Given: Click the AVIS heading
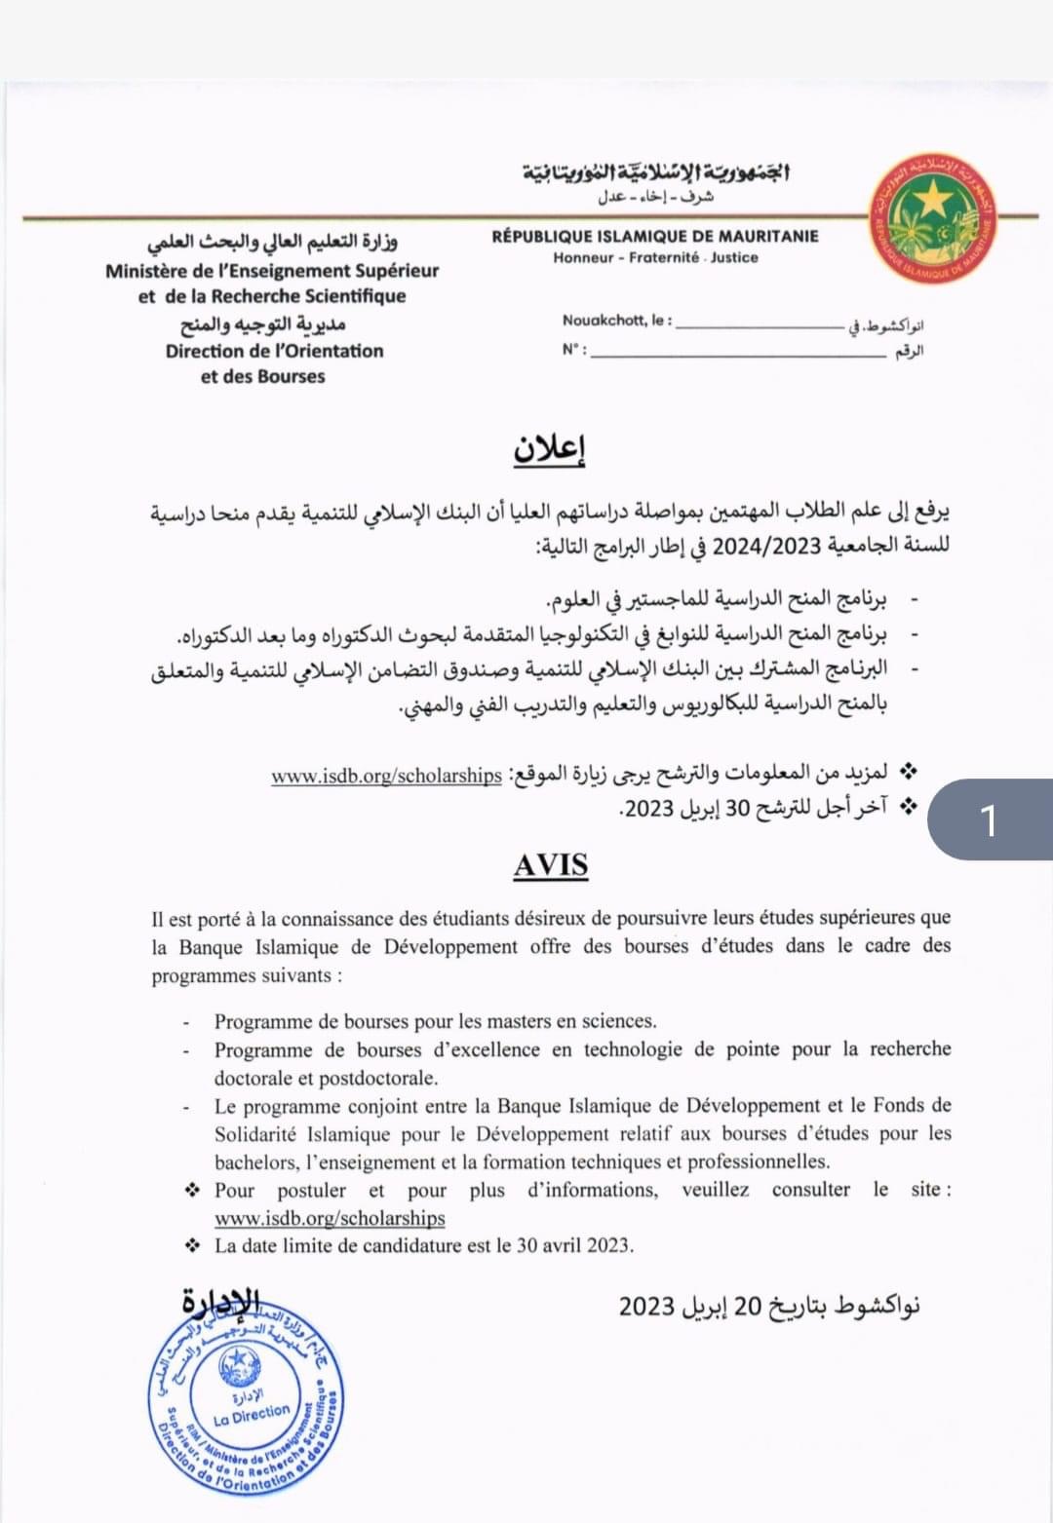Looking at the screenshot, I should pos(551,865).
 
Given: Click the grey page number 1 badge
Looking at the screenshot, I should pos(989,820).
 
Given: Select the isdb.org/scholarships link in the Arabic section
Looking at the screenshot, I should pos(386,776).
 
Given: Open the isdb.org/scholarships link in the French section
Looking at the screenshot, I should pos(330,1218).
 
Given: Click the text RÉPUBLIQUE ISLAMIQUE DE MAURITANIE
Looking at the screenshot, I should pos(655,236).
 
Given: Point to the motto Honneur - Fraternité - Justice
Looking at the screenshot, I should pos(655,258).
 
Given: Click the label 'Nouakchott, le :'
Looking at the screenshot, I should pos(617,321).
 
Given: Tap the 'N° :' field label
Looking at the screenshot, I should pos(574,350).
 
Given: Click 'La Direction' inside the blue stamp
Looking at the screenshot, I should pos(252,1413).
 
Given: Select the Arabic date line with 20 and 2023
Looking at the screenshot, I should pos(769,1306).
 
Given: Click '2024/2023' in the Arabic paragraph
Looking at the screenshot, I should pos(768,545).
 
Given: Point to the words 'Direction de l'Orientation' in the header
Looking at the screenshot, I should pos(274,351).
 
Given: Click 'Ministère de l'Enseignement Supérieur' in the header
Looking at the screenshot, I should pos(272,271).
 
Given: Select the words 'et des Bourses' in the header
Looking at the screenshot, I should pos(262,376).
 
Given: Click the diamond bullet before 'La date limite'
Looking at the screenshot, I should pos(193,1245).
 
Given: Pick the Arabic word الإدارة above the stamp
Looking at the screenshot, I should pos(221,1301).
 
